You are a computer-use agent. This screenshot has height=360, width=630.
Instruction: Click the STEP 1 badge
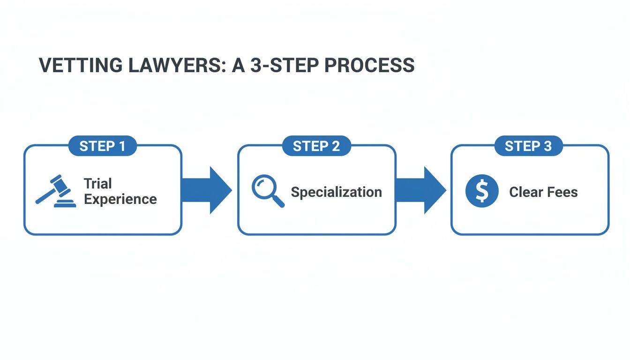102,146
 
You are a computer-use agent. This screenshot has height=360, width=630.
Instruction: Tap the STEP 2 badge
316,146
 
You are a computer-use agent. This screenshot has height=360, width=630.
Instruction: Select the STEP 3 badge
528,146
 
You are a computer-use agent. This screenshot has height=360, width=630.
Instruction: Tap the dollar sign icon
481,191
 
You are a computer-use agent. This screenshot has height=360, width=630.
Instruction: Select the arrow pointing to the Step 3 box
420,190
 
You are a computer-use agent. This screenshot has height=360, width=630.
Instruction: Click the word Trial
97,183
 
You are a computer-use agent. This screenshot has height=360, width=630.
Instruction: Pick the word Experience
120,199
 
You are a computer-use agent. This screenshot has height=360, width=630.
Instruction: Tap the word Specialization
336,192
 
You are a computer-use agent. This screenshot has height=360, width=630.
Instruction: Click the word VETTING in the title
75,66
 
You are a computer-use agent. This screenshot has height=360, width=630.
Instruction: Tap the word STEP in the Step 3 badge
521,146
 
